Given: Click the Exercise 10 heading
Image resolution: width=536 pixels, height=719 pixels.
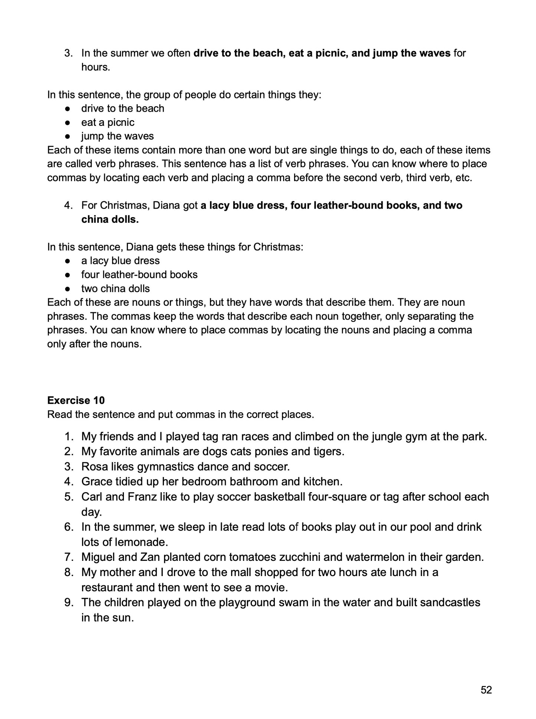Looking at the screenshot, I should click(76, 401).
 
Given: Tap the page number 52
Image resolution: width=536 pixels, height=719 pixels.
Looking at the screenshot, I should click(486, 690).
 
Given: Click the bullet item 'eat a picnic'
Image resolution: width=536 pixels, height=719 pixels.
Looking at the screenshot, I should click(108, 122).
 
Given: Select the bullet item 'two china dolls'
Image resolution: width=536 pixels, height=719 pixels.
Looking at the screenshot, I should click(115, 288).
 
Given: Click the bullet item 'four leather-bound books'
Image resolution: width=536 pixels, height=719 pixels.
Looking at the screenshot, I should click(139, 275).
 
